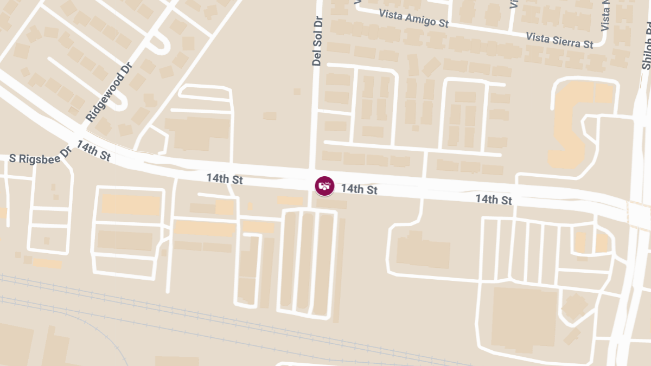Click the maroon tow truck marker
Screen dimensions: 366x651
tap(324, 186)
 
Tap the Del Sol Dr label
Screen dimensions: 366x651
tap(317, 41)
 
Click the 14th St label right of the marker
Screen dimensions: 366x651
tap(359, 189)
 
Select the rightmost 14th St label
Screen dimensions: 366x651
tap(494, 200)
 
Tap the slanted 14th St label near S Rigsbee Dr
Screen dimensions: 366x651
tap(94, 151)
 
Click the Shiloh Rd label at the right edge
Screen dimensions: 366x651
tap(646, 46)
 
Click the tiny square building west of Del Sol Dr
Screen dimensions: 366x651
tap(296, 92)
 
